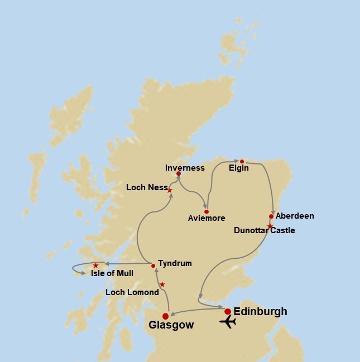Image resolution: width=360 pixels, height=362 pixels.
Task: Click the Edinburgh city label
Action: pyautogui.click(x=261, y=312)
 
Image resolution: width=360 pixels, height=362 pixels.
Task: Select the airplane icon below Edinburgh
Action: pyautogui.click(x=228, y=322)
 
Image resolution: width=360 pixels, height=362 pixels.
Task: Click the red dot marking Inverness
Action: pyautogui.click(x=178, y=173)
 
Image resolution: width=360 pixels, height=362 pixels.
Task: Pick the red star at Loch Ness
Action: pyautogui.click(x=170, y=191)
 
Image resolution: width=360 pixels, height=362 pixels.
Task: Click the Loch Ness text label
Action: pyautogui.click(x=143, y=187)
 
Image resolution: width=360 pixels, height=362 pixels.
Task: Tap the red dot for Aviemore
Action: pyautogui.click(x=207, y=212)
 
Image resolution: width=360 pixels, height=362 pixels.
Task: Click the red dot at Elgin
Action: pyautogui.click(x=242, y=161)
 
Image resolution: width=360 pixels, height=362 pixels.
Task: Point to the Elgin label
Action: pyautogui.click(x=239, y=168)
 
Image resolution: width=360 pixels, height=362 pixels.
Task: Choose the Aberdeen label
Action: pyautogui.click(x=295, y=216)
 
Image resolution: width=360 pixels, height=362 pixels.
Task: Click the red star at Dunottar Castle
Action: pyautogui.click(x=270, y=226)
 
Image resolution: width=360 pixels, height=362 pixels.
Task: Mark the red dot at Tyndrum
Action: pyautogui.click(x=153, y=266)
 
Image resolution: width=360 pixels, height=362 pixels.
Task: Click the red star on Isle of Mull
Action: pyautogui.click(x=95, y=266)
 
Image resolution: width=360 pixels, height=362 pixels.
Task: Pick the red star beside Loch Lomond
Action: pyautogui.click(x=162, y=284)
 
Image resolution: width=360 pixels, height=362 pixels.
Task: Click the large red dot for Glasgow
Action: pyautogui.click(x=165, y=316)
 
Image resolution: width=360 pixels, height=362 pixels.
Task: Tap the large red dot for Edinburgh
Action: pyautogui.click(x=228, y=311)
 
